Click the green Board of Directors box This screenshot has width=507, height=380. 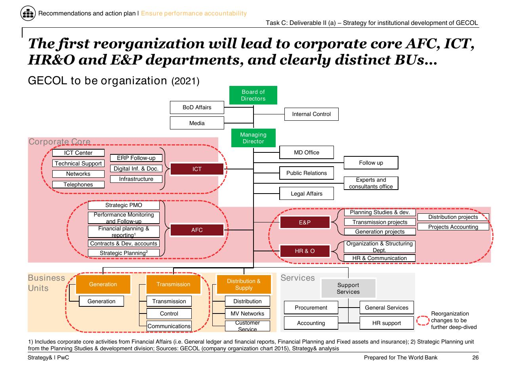tap(253, 95)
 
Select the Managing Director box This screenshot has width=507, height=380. tap(253, 138)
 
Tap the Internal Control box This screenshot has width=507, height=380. tap(311, 114)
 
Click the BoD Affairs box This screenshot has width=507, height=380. tap(197, 107)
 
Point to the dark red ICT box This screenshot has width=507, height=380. tap(197, 169)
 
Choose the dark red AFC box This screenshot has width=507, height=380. tap(197, 230)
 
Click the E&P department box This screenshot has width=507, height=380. tap(305, 222)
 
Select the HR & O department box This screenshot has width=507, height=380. tap(305, 251)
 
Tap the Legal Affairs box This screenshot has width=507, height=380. tap(306, 193)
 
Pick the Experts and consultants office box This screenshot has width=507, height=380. tap(371, 183)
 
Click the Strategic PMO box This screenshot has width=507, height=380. tap(124, 205)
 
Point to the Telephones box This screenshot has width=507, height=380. tap(78, 184)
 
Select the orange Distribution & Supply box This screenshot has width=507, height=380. tap(244, 284)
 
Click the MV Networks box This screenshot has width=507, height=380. tap(248, 313)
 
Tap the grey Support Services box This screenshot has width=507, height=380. tap(348, 288)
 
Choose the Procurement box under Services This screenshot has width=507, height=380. tap(311, 307)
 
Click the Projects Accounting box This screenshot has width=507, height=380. tap(453, 227)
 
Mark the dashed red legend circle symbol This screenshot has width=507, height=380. tap(423, 320)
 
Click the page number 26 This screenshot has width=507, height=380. tap(475, 357)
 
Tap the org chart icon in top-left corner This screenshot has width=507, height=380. tap(28, 13)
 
